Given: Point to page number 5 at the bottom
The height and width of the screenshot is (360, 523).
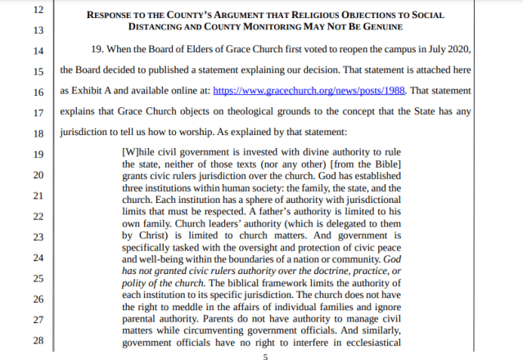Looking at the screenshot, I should click(264, 357).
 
